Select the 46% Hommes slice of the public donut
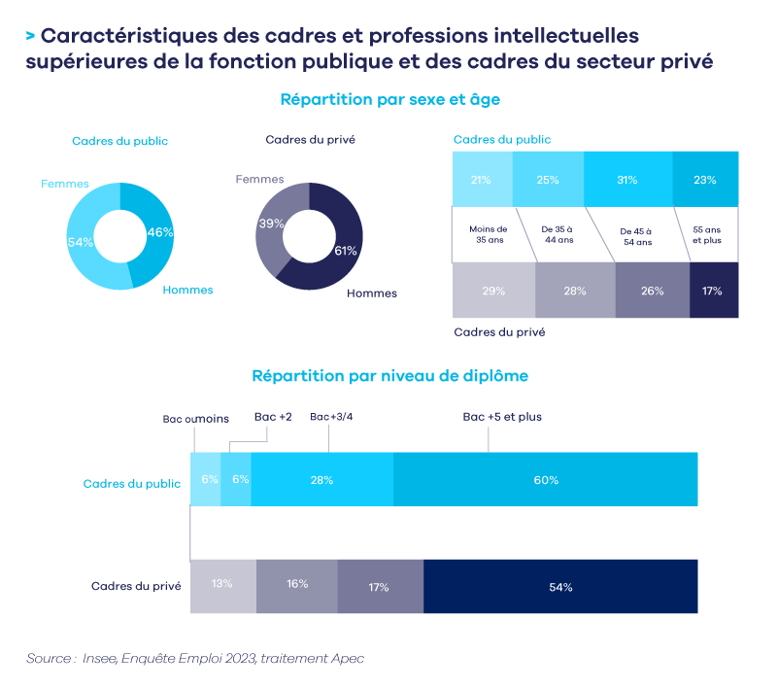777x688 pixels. coord(158,233)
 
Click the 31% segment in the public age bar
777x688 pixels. coord(627,179)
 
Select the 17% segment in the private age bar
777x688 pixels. coord(714,291)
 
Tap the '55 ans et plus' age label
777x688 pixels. coord(706,234)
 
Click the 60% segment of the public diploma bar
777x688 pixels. coord(546,480)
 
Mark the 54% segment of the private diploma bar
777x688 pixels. coord(560,587)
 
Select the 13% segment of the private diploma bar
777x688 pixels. coord(222,586)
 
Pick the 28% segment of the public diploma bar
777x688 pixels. coord(321,480)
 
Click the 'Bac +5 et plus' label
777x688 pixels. coord(501,417)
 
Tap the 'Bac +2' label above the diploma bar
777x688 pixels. coord(273,417)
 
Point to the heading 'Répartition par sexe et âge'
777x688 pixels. coord(389,99)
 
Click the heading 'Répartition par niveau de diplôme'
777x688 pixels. coord(389,374)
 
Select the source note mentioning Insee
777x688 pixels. coord(195,658)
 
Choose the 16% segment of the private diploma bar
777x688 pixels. coord(296,586)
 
